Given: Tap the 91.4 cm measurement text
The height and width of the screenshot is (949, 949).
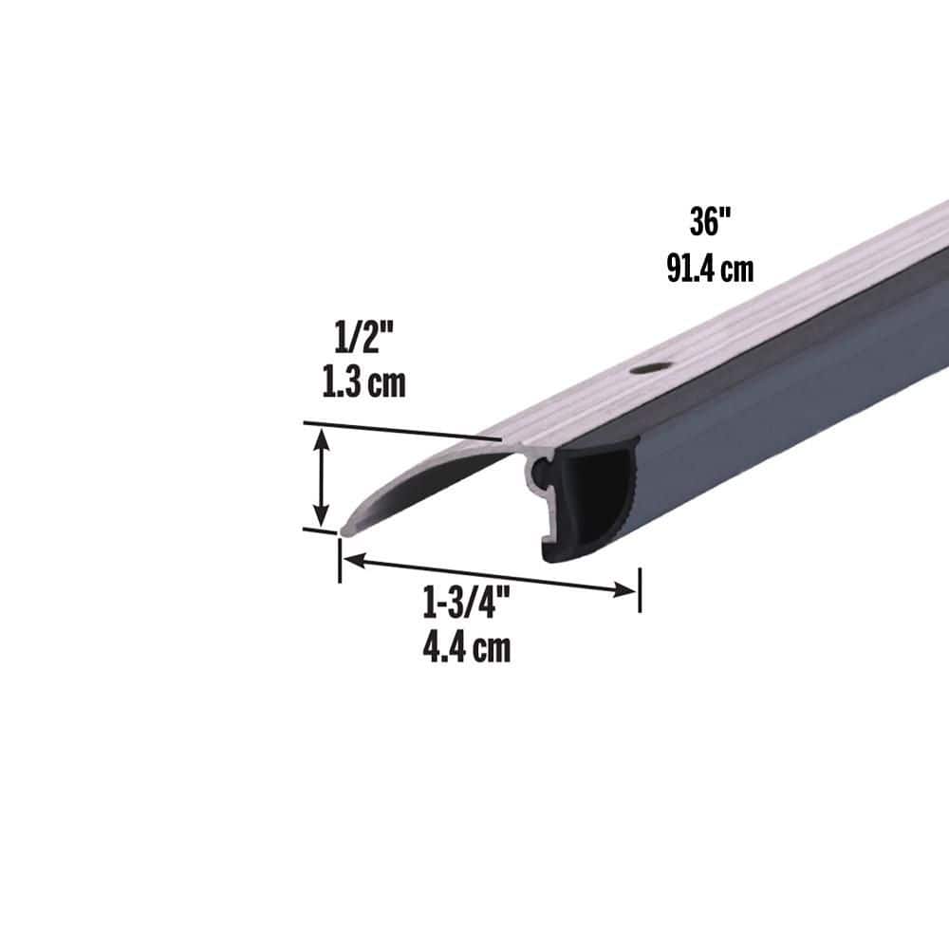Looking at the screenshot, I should point(710,269).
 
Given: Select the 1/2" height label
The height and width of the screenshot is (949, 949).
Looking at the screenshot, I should point(363,338).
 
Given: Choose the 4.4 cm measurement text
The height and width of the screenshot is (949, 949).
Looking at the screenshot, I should point(465,648).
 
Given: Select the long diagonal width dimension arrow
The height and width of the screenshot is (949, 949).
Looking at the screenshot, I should point(489,575).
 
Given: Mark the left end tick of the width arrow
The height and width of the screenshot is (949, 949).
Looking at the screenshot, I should point(339,560).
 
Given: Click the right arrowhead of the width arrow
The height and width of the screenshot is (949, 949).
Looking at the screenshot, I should point(625,589).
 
